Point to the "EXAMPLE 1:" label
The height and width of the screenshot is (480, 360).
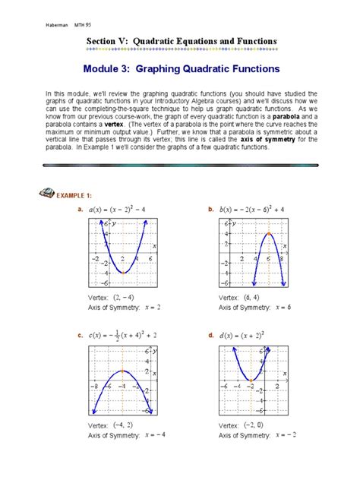(77, 194)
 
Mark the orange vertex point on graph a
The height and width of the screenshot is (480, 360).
(123, 271)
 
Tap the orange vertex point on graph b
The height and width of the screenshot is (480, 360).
(268, 234)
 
